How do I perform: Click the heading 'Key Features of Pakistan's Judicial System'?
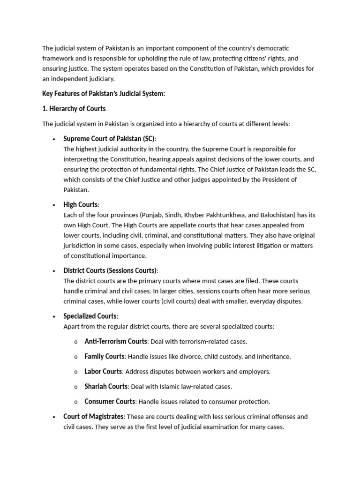[x=104, y=94]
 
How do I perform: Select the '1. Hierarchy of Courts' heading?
[x=74, y=109]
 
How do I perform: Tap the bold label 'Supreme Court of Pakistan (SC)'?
[x=109, y=139]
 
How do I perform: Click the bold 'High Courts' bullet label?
[x=81, y=205]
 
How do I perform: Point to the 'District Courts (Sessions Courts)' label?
[x=110, y=270]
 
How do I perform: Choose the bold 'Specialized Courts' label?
[x=90, y=316]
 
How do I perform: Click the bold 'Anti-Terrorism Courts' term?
[x=116, y=341]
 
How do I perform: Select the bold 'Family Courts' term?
[x=105, y=356]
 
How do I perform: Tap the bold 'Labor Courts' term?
[x=103, y=371]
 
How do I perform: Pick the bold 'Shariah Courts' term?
[x=106, y=386]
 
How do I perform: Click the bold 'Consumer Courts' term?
[x=110, y=401]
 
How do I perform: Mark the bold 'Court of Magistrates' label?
[x=94, y=416]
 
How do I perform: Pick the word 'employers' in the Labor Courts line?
[x=255, y=372]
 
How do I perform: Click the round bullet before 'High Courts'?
[x=54, y=205]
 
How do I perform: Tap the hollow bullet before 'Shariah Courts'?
[x=75, y=387]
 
